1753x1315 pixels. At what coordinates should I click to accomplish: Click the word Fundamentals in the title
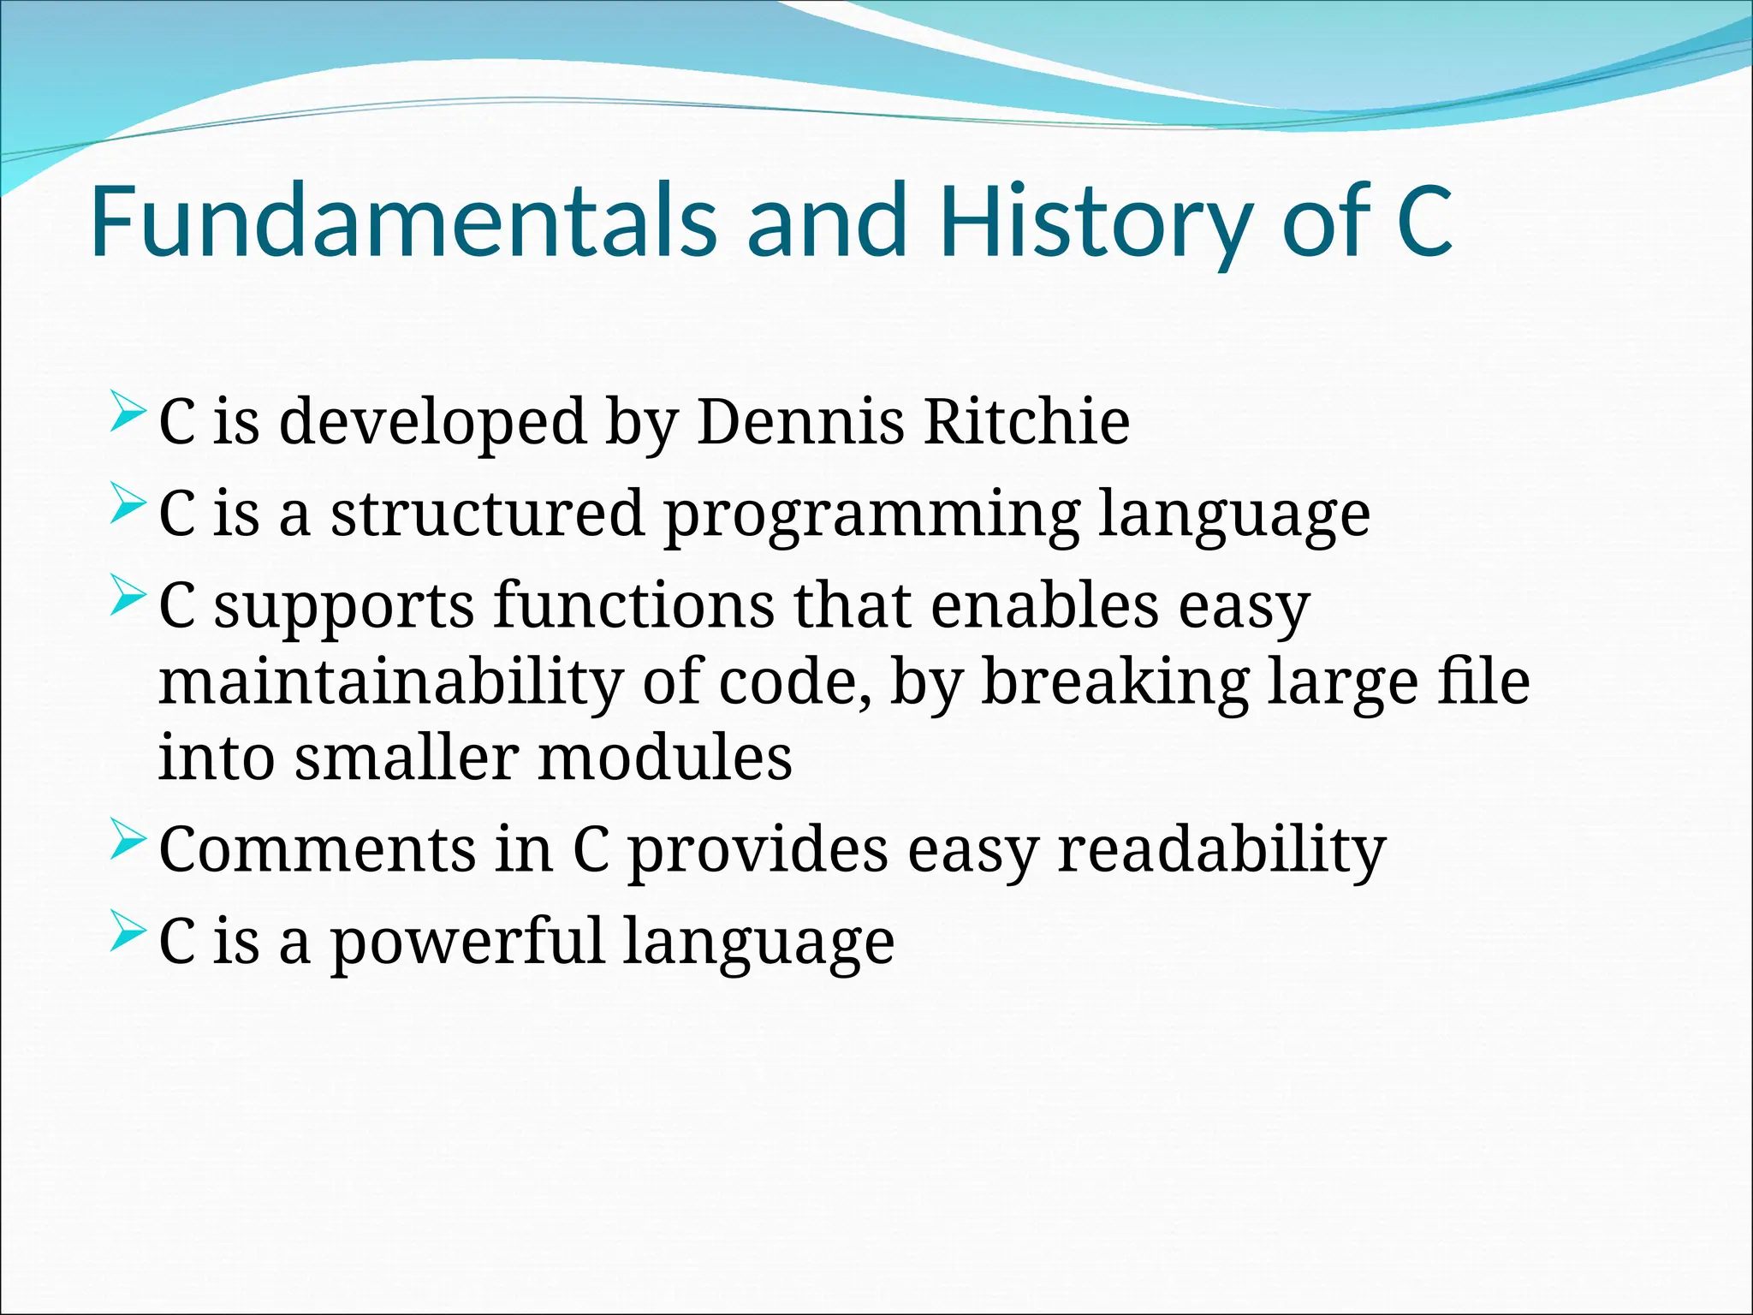pos(402,221)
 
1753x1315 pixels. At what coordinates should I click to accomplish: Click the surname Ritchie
pos(1027,421)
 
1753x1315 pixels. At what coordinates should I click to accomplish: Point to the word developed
pos(432,421)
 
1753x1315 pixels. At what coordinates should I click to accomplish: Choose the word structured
pos(488,514)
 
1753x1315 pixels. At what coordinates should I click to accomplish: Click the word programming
pos(871,514)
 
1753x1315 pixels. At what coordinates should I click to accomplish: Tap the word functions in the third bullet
pos(633,605)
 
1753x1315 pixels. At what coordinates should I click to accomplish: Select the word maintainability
pos(390,682)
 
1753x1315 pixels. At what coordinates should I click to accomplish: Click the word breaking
pos(1114,682)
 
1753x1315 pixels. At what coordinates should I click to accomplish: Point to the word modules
pos(664,758)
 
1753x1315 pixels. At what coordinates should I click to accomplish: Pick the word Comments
pos(317,849)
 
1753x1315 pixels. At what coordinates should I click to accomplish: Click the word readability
pos(1221,849)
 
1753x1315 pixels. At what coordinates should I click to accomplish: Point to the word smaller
pos(406,758)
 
